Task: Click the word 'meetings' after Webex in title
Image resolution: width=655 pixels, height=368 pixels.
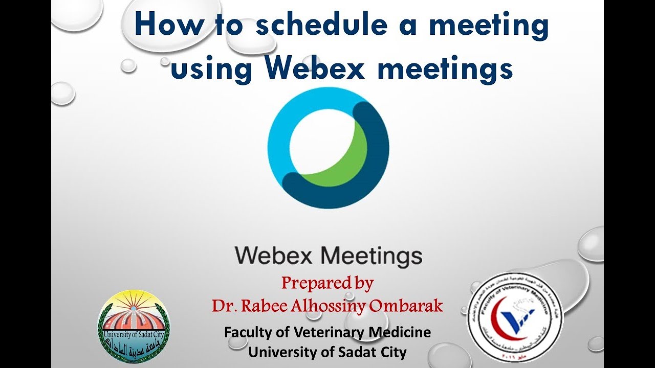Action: pos(445,69)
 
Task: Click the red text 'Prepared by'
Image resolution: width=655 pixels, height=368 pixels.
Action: pos(327,283)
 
